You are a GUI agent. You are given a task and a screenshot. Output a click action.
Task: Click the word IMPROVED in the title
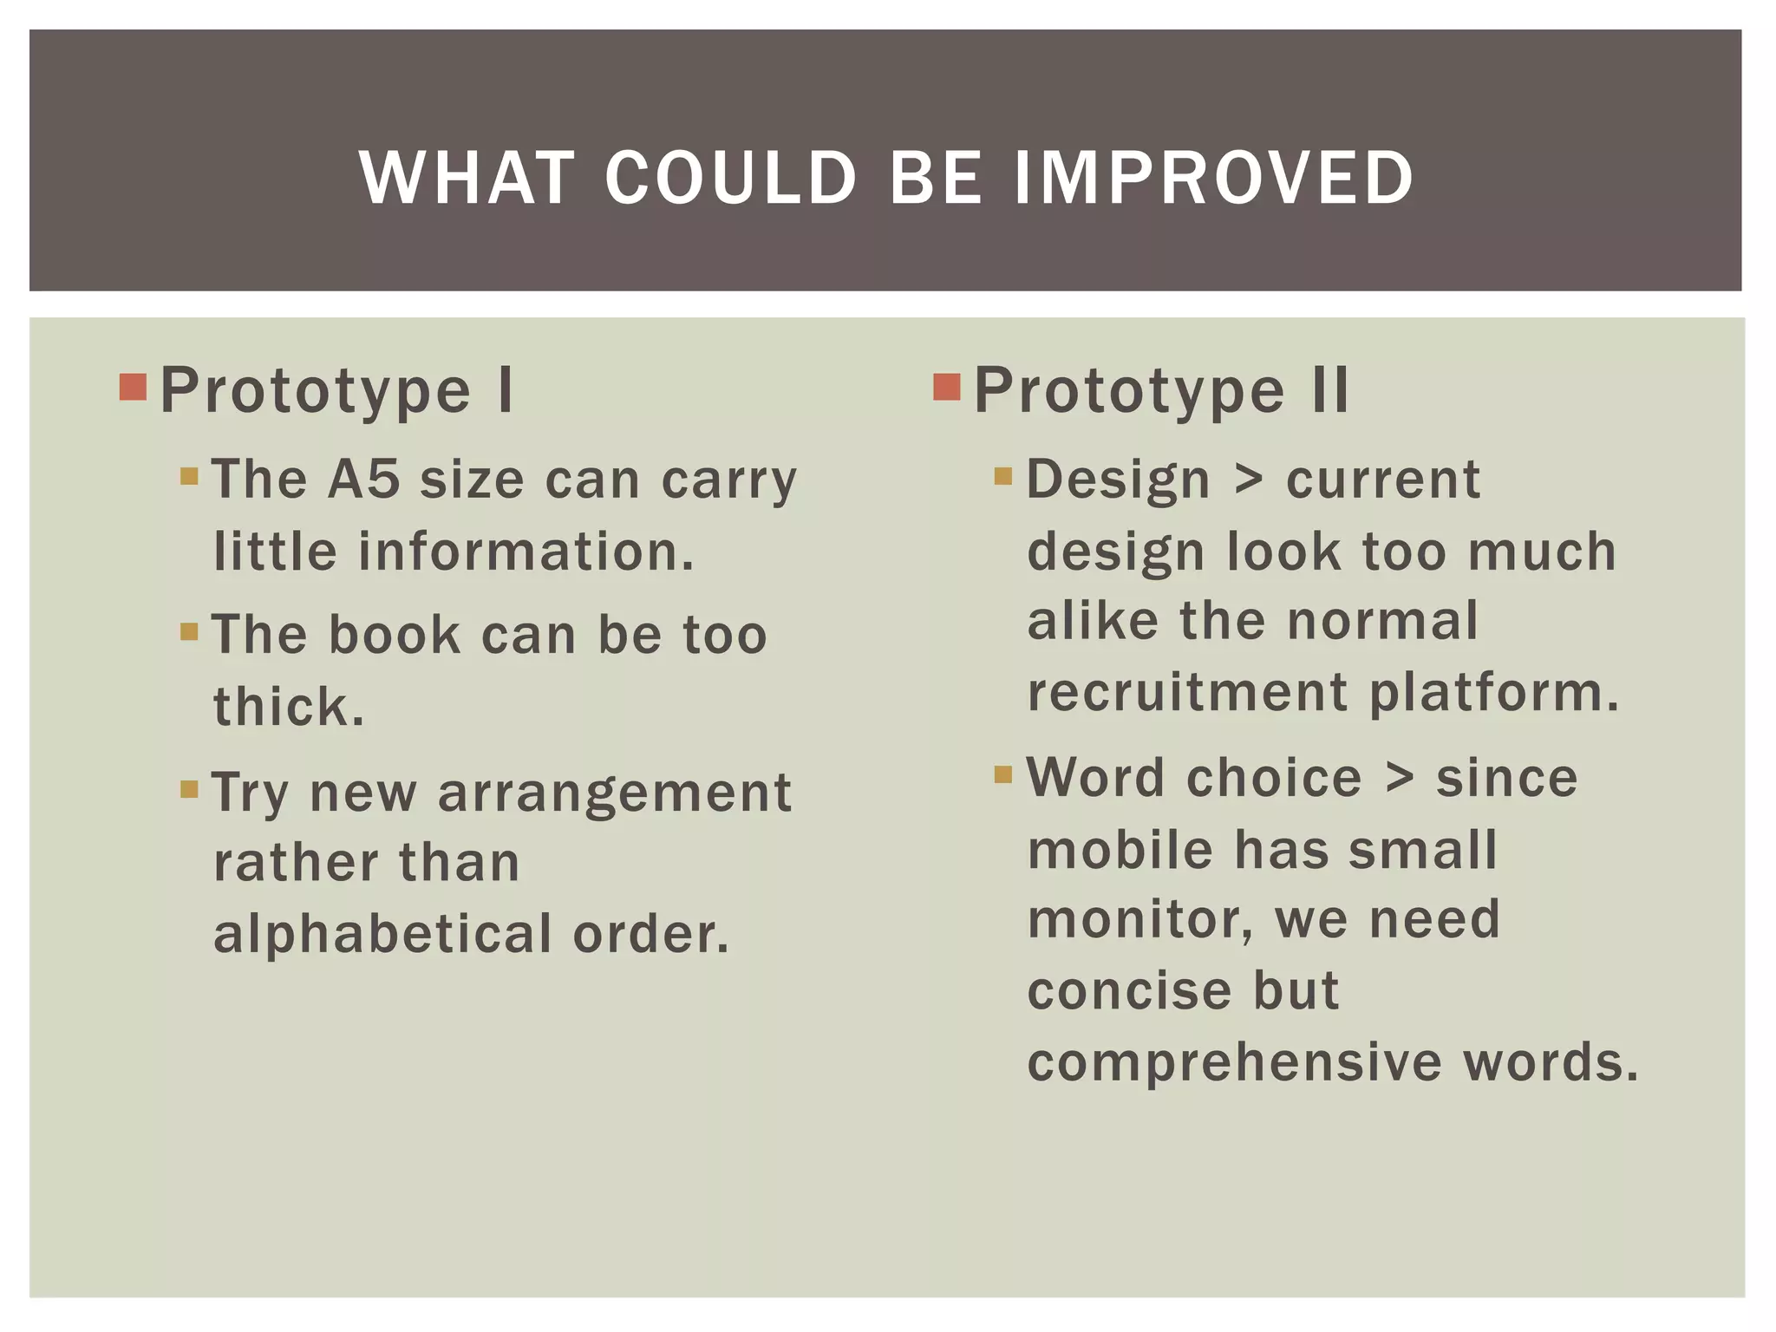point(1213,178)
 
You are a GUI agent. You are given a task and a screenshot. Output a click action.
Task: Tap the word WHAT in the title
point(467,178)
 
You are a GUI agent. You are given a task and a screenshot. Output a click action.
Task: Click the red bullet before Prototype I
point(133,387)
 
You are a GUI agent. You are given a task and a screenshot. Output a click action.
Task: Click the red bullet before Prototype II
point(947,387)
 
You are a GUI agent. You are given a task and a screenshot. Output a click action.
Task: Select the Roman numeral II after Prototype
point(1329,390)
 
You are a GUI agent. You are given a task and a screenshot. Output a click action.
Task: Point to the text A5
point(363,479)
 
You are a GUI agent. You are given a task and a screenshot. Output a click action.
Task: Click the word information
point(526,552)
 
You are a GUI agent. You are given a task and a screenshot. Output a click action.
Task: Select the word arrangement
point(615,793)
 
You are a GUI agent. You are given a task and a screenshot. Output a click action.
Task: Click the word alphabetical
point(382,934)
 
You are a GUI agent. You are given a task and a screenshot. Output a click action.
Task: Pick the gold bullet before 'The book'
point(189,630)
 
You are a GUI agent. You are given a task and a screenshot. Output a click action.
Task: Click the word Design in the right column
point(1118,479)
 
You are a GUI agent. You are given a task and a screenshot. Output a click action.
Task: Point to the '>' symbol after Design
point(1248,480)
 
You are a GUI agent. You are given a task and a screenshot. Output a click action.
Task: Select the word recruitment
point(1187,692)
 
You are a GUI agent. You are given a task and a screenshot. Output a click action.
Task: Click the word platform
point(1493,692)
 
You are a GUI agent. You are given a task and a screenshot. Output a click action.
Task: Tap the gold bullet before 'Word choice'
point(1003,774)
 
